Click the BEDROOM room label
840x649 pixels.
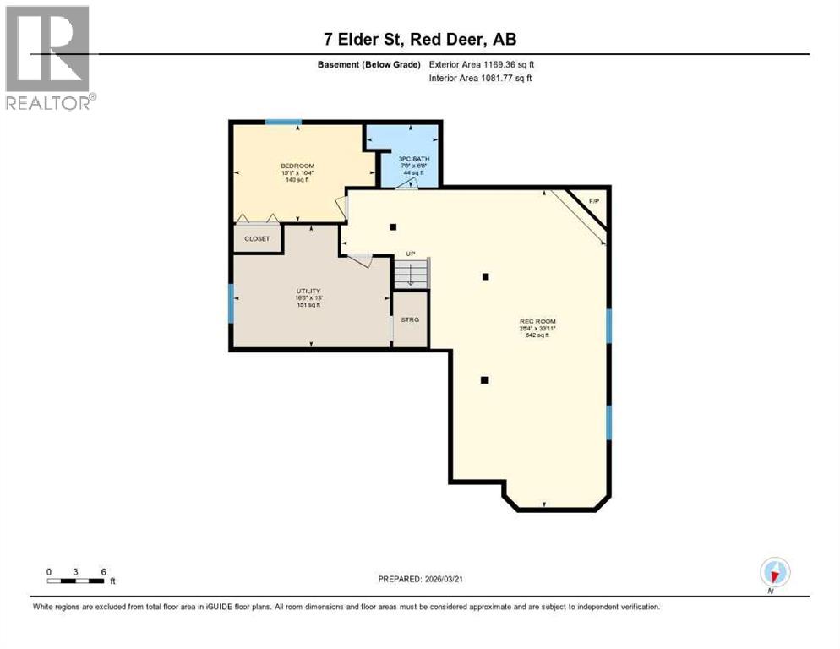click(x=297, y=166)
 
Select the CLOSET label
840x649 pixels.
click(x=257, y=238)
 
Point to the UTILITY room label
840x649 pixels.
click(x=308, y=291)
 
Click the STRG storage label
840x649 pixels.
click(x=410, y=319)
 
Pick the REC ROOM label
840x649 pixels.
click(x=537, y=321)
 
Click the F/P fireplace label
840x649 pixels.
click(x=593, y=201)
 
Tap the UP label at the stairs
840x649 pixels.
click(x=411, y=254)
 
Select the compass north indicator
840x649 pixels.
click(x=774, y=573)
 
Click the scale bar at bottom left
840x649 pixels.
click(x=76, y=581)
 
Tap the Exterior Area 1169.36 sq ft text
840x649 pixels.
click(x=482, y=63)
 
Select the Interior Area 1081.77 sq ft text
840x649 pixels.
click(x=480, y=79)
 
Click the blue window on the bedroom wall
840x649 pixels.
click(x=283, y=123)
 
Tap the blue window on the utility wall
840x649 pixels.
click(x=231, y=303)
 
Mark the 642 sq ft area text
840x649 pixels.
click(x=537, y=335)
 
